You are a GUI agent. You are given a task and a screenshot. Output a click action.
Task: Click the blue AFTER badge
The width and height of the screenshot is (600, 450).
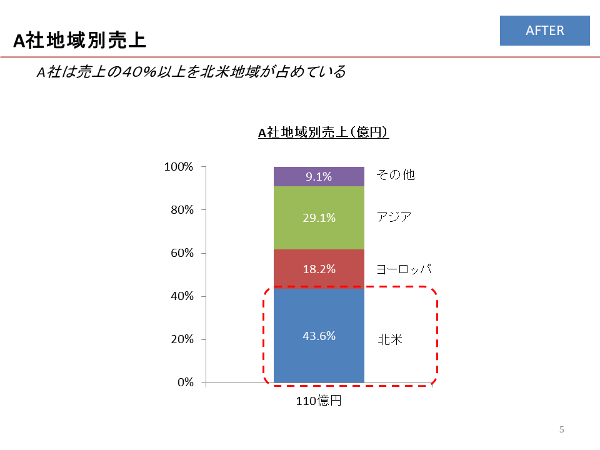544,31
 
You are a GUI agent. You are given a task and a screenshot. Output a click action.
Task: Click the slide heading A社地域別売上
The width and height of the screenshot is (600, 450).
80,41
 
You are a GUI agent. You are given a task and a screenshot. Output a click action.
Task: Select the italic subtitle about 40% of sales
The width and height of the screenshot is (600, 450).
191,72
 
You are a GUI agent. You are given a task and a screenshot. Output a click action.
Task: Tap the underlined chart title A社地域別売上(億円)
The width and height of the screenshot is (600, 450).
324,132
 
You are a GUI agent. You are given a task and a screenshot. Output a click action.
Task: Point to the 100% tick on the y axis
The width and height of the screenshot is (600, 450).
179,167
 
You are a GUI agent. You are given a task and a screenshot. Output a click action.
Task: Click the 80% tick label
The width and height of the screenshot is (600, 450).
181,210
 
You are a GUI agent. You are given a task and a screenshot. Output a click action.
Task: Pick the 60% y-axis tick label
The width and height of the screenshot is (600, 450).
181,253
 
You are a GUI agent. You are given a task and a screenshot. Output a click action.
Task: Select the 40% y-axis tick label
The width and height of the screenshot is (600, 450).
181,296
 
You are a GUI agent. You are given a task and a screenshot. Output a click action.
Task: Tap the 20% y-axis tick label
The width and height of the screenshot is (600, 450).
181,339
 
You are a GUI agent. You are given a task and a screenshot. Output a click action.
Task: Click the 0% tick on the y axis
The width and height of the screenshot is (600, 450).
184,382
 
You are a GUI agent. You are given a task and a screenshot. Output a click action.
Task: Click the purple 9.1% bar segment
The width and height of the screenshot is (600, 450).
319,177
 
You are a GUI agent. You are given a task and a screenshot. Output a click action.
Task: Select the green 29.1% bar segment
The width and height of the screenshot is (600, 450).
319,218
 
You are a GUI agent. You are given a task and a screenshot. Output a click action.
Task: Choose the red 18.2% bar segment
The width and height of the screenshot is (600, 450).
319,269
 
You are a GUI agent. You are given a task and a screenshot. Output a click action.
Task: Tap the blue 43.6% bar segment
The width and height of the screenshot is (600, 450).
319,336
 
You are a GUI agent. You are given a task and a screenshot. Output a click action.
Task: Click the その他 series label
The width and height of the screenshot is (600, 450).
395,175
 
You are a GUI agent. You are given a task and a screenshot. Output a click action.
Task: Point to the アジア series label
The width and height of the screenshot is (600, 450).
394,217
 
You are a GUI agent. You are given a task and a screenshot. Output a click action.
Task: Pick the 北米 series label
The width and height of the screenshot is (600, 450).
389,339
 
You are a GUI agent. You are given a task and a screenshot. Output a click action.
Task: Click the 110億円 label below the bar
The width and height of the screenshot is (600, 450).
319,401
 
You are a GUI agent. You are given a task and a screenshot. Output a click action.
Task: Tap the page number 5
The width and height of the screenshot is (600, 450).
562,429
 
